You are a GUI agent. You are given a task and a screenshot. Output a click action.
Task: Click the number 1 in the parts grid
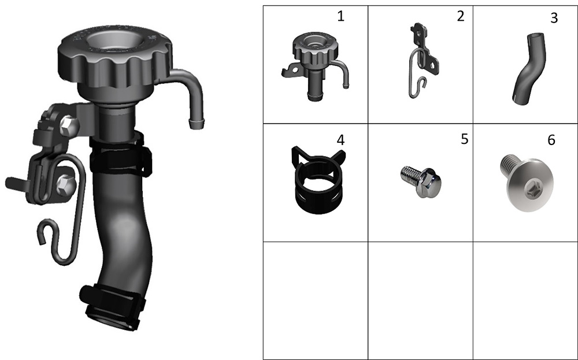click(340, 16)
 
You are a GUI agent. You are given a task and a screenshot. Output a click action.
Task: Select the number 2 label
click(461, 16)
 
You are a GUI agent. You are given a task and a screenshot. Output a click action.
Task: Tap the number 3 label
click(554, 18)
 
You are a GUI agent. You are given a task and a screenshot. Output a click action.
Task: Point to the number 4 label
click(340, 140)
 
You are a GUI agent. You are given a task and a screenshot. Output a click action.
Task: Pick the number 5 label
click(465, 139)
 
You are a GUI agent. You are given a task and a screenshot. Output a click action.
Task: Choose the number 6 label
click(551, 140)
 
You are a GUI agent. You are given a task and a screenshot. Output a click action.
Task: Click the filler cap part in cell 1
click(315, 66)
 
